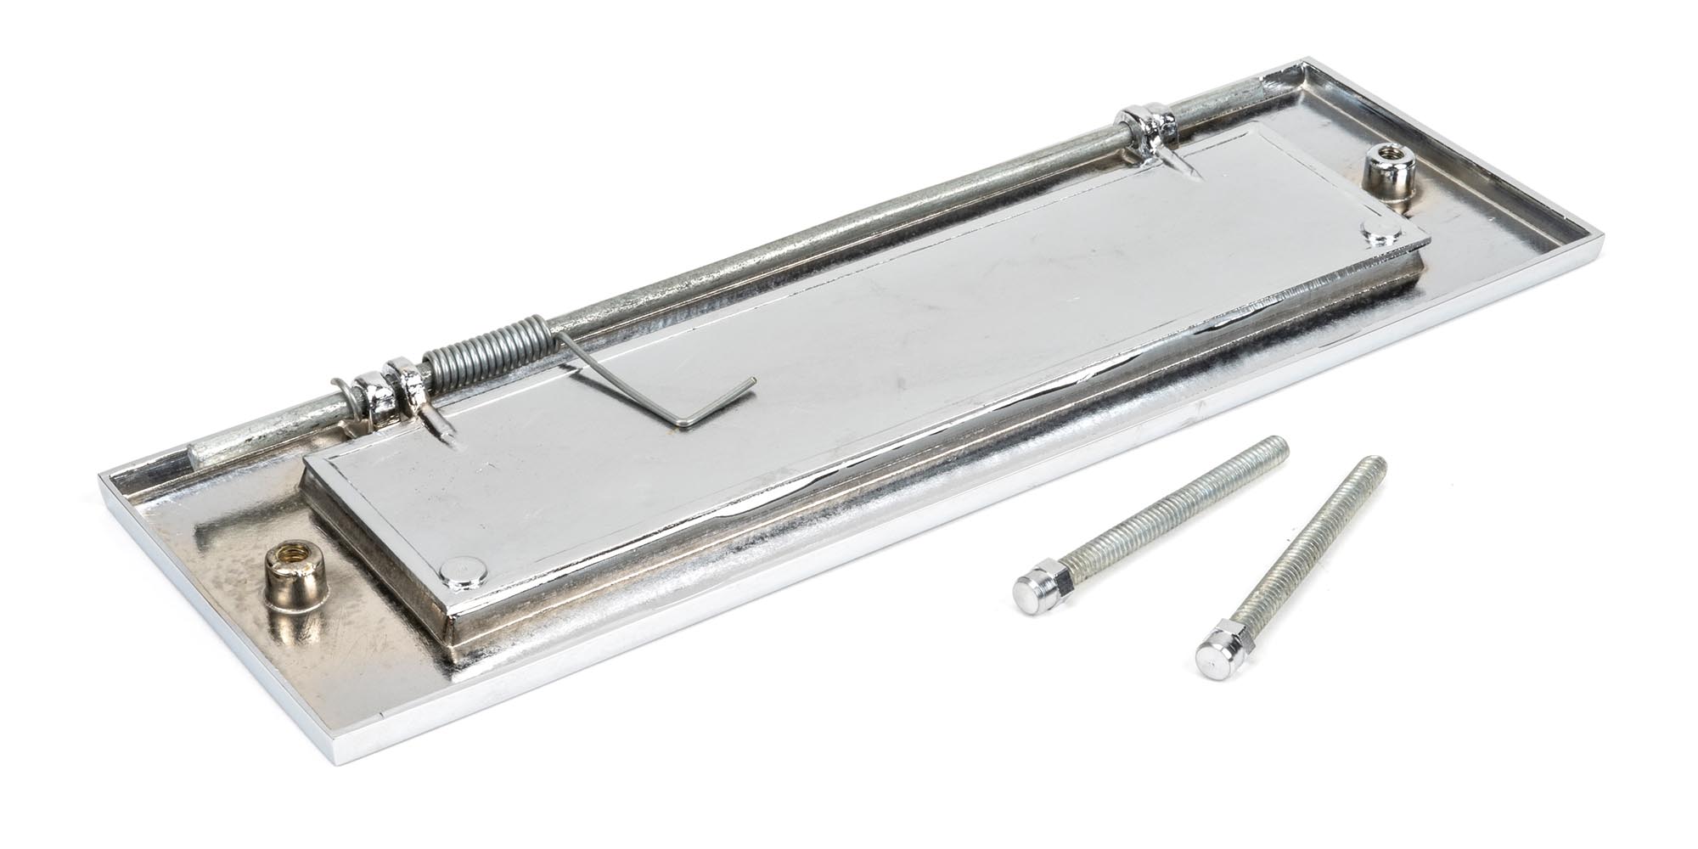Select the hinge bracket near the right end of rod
pos(1144,129)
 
